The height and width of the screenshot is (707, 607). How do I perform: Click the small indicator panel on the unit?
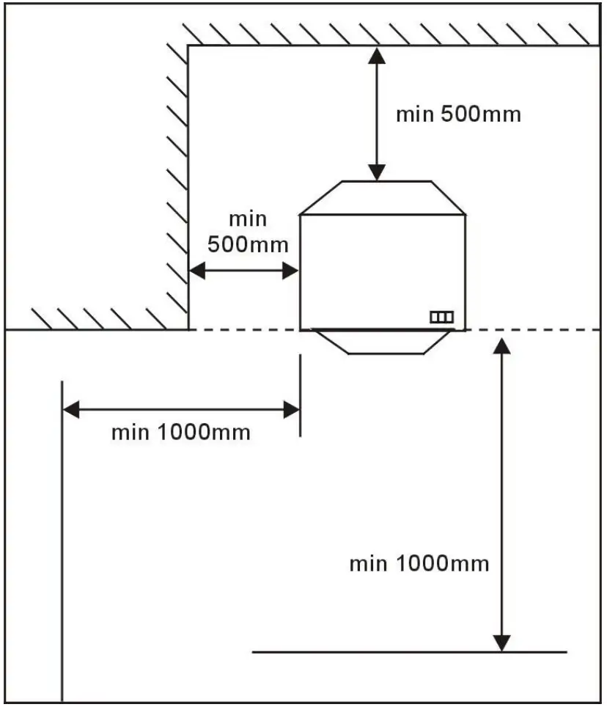(441, 317)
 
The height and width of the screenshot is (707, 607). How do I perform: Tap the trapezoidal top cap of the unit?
(383, 198)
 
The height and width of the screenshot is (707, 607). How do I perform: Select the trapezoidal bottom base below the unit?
(383, 342)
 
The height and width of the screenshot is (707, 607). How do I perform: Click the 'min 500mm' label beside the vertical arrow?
(458, 114)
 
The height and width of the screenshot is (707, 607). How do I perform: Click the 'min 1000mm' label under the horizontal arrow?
(180, 432)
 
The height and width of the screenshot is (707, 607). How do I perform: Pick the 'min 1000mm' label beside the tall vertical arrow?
(419, 564)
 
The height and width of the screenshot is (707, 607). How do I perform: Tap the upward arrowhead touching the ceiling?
(376, 55)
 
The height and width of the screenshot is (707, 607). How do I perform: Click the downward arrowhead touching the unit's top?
(376, 172)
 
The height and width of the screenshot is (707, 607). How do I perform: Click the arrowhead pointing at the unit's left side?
(291, 271)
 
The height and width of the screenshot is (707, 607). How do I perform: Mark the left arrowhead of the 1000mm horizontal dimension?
(71, 409)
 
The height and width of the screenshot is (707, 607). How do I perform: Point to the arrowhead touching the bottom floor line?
(501, 642)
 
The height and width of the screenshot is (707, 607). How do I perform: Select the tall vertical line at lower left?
(62, 543)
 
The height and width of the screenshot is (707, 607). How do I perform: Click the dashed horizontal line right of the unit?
(535, 330)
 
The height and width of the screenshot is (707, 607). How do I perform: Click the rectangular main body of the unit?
(383, 271)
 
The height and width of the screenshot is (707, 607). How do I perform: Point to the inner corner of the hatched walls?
(188, 46)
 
